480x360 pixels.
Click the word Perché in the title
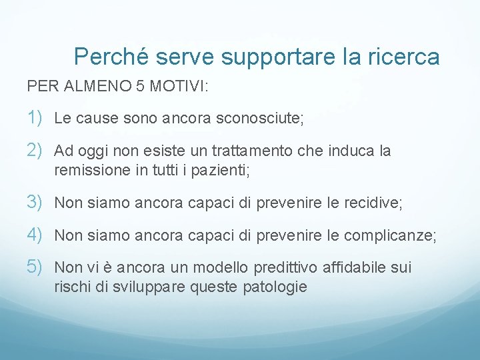111,57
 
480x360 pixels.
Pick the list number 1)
36,119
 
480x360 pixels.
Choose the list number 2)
36,151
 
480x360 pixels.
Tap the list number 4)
36,235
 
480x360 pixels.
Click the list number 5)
36,267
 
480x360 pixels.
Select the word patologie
274,287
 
